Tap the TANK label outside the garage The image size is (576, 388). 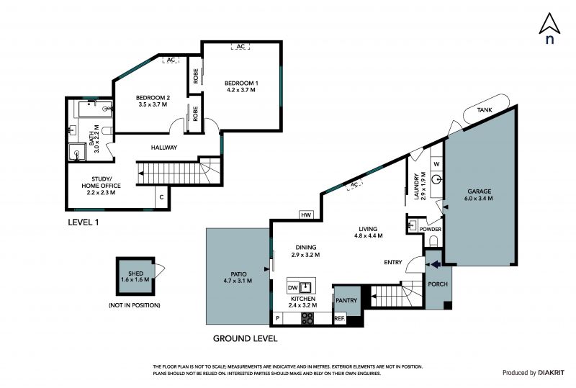click(485, 110)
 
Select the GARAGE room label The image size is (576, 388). click(479, 191)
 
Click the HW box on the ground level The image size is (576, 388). click(306, 215)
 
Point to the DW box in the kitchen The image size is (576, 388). click(293, 288)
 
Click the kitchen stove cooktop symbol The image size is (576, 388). click(307, 318)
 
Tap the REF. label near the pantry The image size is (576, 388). click(339, 319)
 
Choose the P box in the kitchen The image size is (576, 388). click(278, 319)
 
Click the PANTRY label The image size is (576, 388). click(346, 301)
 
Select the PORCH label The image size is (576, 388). click(438, 284)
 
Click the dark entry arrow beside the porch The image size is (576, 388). click(436, 263)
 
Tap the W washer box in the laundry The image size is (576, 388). click(436, 164)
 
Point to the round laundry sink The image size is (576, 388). click(437, 180)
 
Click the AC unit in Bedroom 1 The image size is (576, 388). click(240, 46)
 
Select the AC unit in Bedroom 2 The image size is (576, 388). click(171, 60)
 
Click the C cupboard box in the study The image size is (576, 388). click(161, 197)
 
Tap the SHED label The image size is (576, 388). click(135, 274)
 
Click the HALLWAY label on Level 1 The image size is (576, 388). click(164, 148)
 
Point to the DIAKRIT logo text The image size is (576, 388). click(551, 373)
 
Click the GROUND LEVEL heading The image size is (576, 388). click(245, 338)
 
